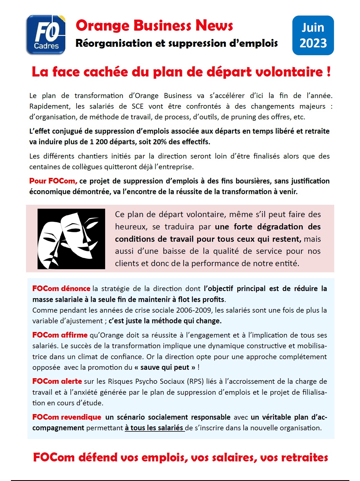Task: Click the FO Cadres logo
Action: pos(46,35)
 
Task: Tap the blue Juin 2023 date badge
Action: pos(313,35)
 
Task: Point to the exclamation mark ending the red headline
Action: pos(328,72)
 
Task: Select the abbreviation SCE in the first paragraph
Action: pos(137,106)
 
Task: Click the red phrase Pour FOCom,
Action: pos(53,181)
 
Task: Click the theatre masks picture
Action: pos(71,239)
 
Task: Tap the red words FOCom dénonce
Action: pos(61,289)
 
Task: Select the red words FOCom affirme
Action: pos(60,335)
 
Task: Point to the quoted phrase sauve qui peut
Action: pos(165,367)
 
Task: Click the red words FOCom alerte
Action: pos(57,381)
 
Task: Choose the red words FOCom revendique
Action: pos(67,417)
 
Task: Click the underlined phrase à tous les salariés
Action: pos(154,428)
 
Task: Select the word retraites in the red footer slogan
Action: pos(304,457)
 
